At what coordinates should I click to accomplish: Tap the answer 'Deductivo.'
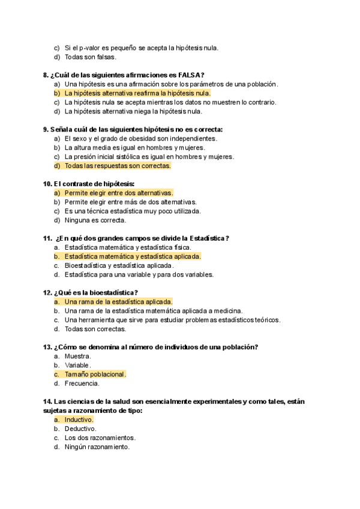pos(80,429)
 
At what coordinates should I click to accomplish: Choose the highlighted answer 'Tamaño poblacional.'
pos(95,374)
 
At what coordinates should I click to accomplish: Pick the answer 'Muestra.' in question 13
pos(78,356)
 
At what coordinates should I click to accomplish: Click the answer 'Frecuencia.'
pos(82,383)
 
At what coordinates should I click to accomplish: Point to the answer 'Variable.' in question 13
pos(78,365)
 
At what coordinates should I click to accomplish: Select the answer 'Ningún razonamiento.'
pos(97,447)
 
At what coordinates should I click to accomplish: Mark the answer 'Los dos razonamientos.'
pos(100,438)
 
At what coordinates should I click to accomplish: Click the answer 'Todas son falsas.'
pos(90,57)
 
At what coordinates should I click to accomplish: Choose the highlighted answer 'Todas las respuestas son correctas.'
pos(118,166)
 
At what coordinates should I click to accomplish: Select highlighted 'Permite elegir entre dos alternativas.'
pos(118,193)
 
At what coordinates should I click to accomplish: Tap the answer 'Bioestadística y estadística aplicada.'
pos(119,265)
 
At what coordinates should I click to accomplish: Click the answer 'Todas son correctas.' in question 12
pos(95,328)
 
